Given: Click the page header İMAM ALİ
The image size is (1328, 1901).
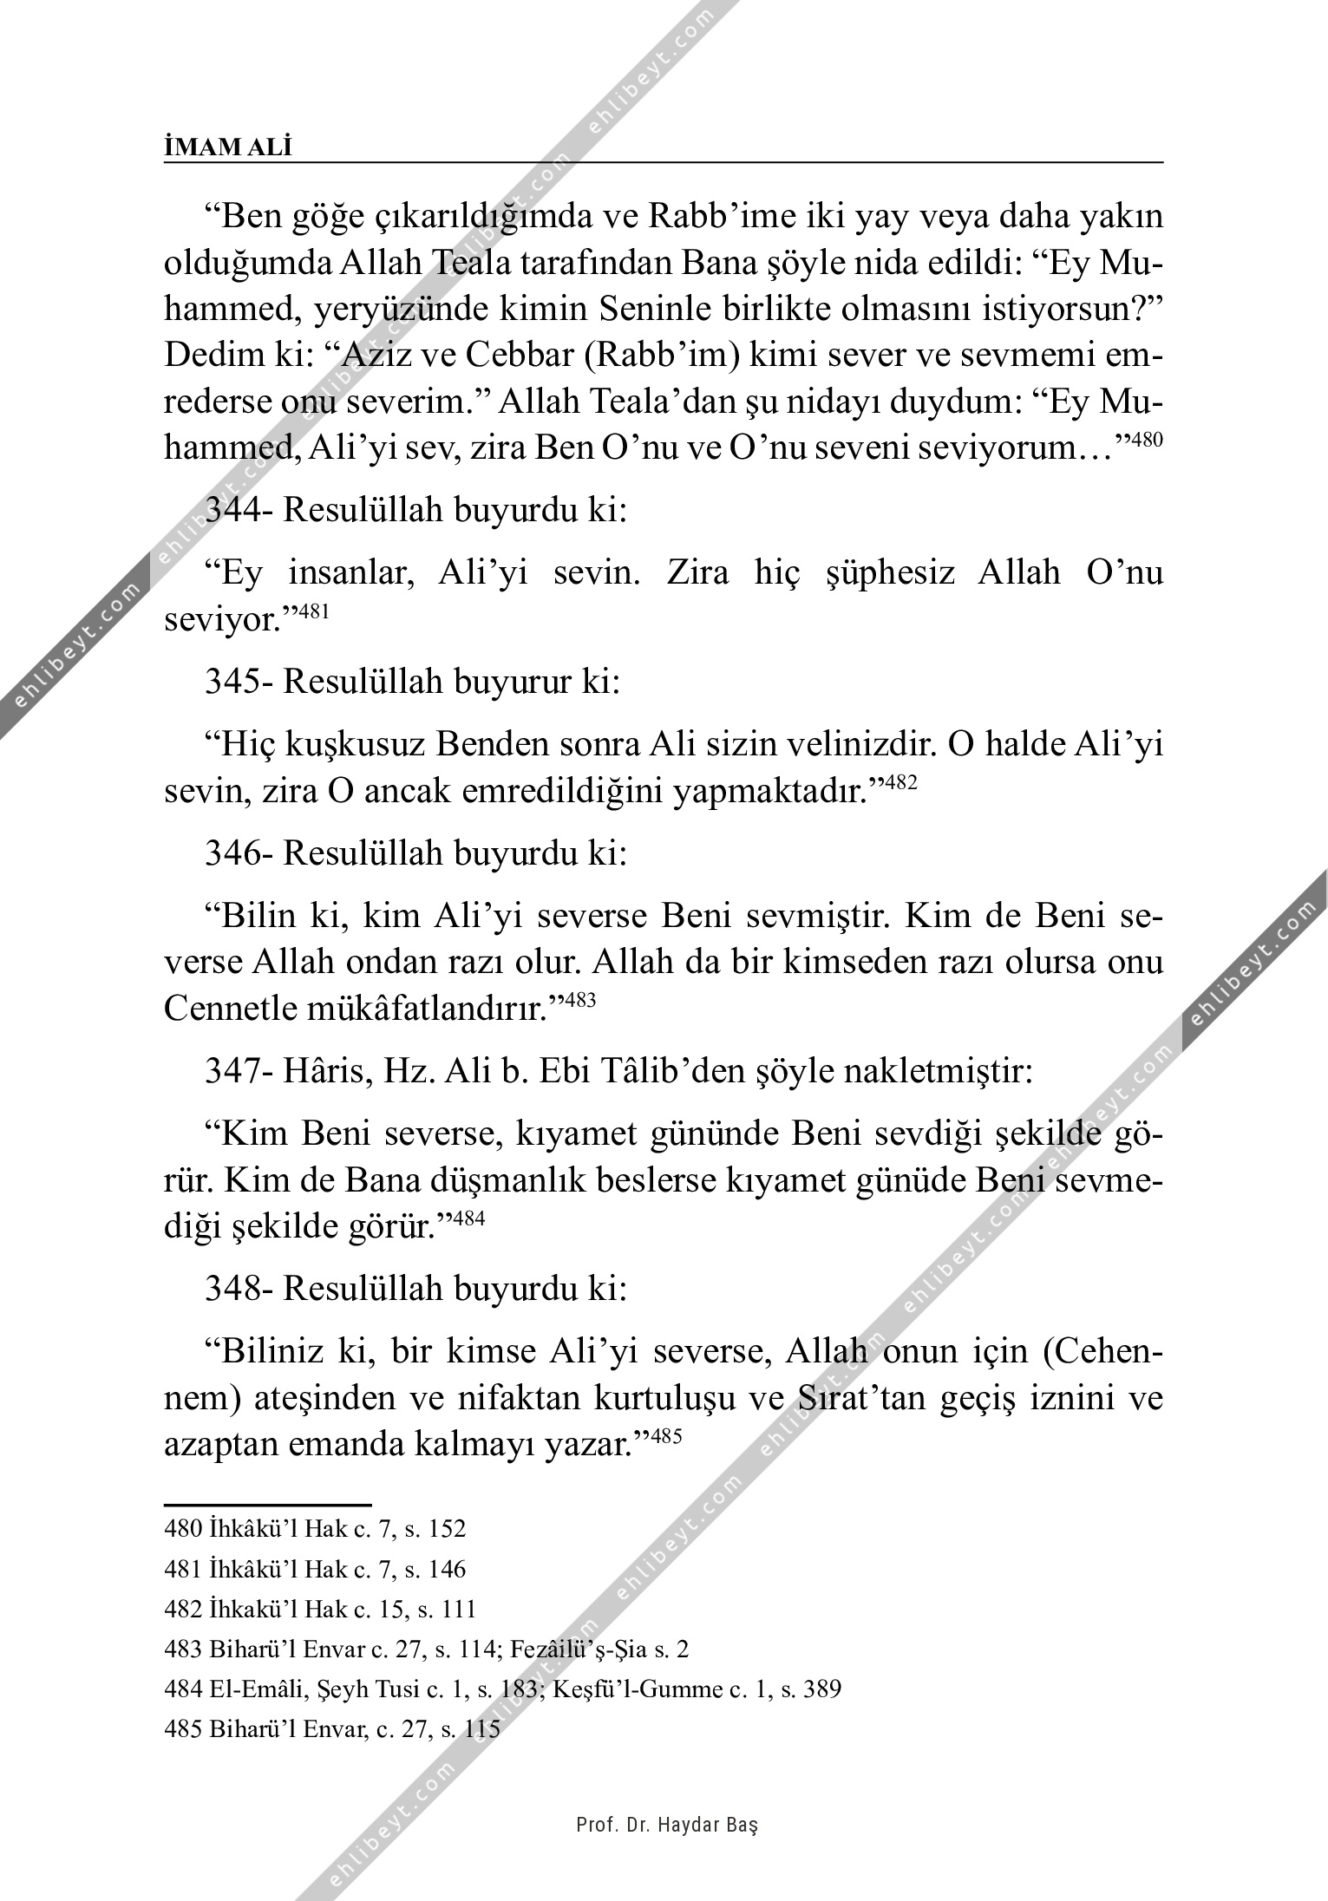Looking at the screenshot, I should tap(228, 148).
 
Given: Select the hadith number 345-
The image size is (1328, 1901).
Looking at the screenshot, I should tap(239, 682).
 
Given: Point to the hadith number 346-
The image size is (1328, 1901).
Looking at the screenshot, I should tap(239, 853).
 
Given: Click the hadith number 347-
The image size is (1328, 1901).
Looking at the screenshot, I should tap(239, 1073).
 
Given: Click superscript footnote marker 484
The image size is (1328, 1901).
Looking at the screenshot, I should tap(468, 1219).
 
